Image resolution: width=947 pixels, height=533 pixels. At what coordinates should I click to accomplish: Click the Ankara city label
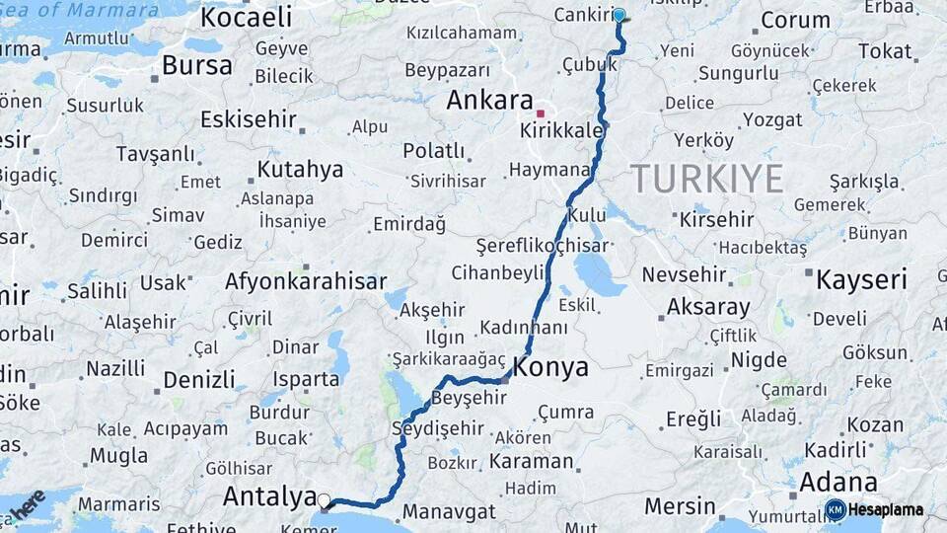click(x=489, y=100)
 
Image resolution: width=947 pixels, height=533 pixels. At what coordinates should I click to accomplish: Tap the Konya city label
click(x=550, y=367)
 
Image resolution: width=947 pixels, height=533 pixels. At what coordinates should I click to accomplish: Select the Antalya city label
click(x=268, y=495)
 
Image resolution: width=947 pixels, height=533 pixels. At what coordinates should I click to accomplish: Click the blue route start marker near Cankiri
click(x=619, y=15)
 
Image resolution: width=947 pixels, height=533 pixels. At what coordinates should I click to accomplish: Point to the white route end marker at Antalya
click(x=324, y=500)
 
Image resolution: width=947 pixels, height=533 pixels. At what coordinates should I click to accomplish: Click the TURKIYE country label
click(x=707, y=179)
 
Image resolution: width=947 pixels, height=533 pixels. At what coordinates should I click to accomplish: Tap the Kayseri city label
click(x=860, y=279)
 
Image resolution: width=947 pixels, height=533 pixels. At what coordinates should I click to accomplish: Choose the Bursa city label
click(x=197, y=66)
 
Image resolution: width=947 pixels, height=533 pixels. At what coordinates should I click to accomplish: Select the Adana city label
click(x=838, y=482)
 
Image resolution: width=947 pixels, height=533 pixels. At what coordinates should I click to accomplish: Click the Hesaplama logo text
click(x=886, y=509)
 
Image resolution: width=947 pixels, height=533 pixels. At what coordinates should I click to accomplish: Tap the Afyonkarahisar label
click(x=306, y=281)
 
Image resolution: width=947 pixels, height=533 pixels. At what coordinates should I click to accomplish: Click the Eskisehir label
click(x=249, y=119)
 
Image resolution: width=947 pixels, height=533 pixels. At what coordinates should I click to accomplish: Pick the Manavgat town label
click(x=449, y=512)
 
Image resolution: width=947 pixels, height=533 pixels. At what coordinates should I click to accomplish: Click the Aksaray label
click(x=708, y=306)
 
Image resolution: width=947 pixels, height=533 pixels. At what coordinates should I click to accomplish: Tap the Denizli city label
click(x=199, y=379)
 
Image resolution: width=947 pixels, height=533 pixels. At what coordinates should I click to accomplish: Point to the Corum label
click(x=795, y=20)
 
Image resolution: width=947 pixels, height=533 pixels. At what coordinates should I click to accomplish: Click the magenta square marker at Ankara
click(x=540, y=114)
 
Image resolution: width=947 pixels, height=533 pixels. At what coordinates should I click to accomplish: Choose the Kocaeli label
click(x=247, y=17)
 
